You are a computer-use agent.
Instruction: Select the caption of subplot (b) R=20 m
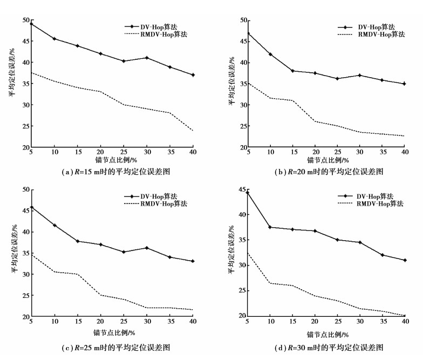(x=328, y=172)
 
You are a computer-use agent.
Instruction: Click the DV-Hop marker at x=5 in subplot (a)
(x=31, y=24)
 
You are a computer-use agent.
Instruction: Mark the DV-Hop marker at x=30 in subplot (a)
(x=146, y=58)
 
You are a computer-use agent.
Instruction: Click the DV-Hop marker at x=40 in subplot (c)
(x=192, y=261)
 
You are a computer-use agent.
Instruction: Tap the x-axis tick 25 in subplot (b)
(x=337, y=153)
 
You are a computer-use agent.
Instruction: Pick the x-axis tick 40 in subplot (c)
(x=192, y=323)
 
